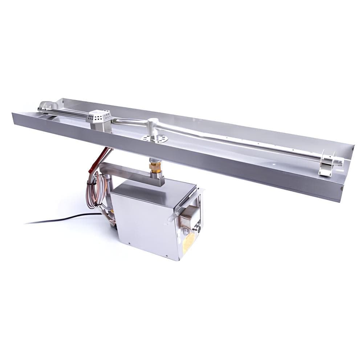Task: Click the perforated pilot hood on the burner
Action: pyautogui.click(x=98, y=116)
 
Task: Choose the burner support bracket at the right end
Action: pyautogui.click(x=326, y=168)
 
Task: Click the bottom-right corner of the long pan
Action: pyautogui.click(x=340, y=200)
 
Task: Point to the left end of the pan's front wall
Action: pyautogui.click(x=15, y=118)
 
